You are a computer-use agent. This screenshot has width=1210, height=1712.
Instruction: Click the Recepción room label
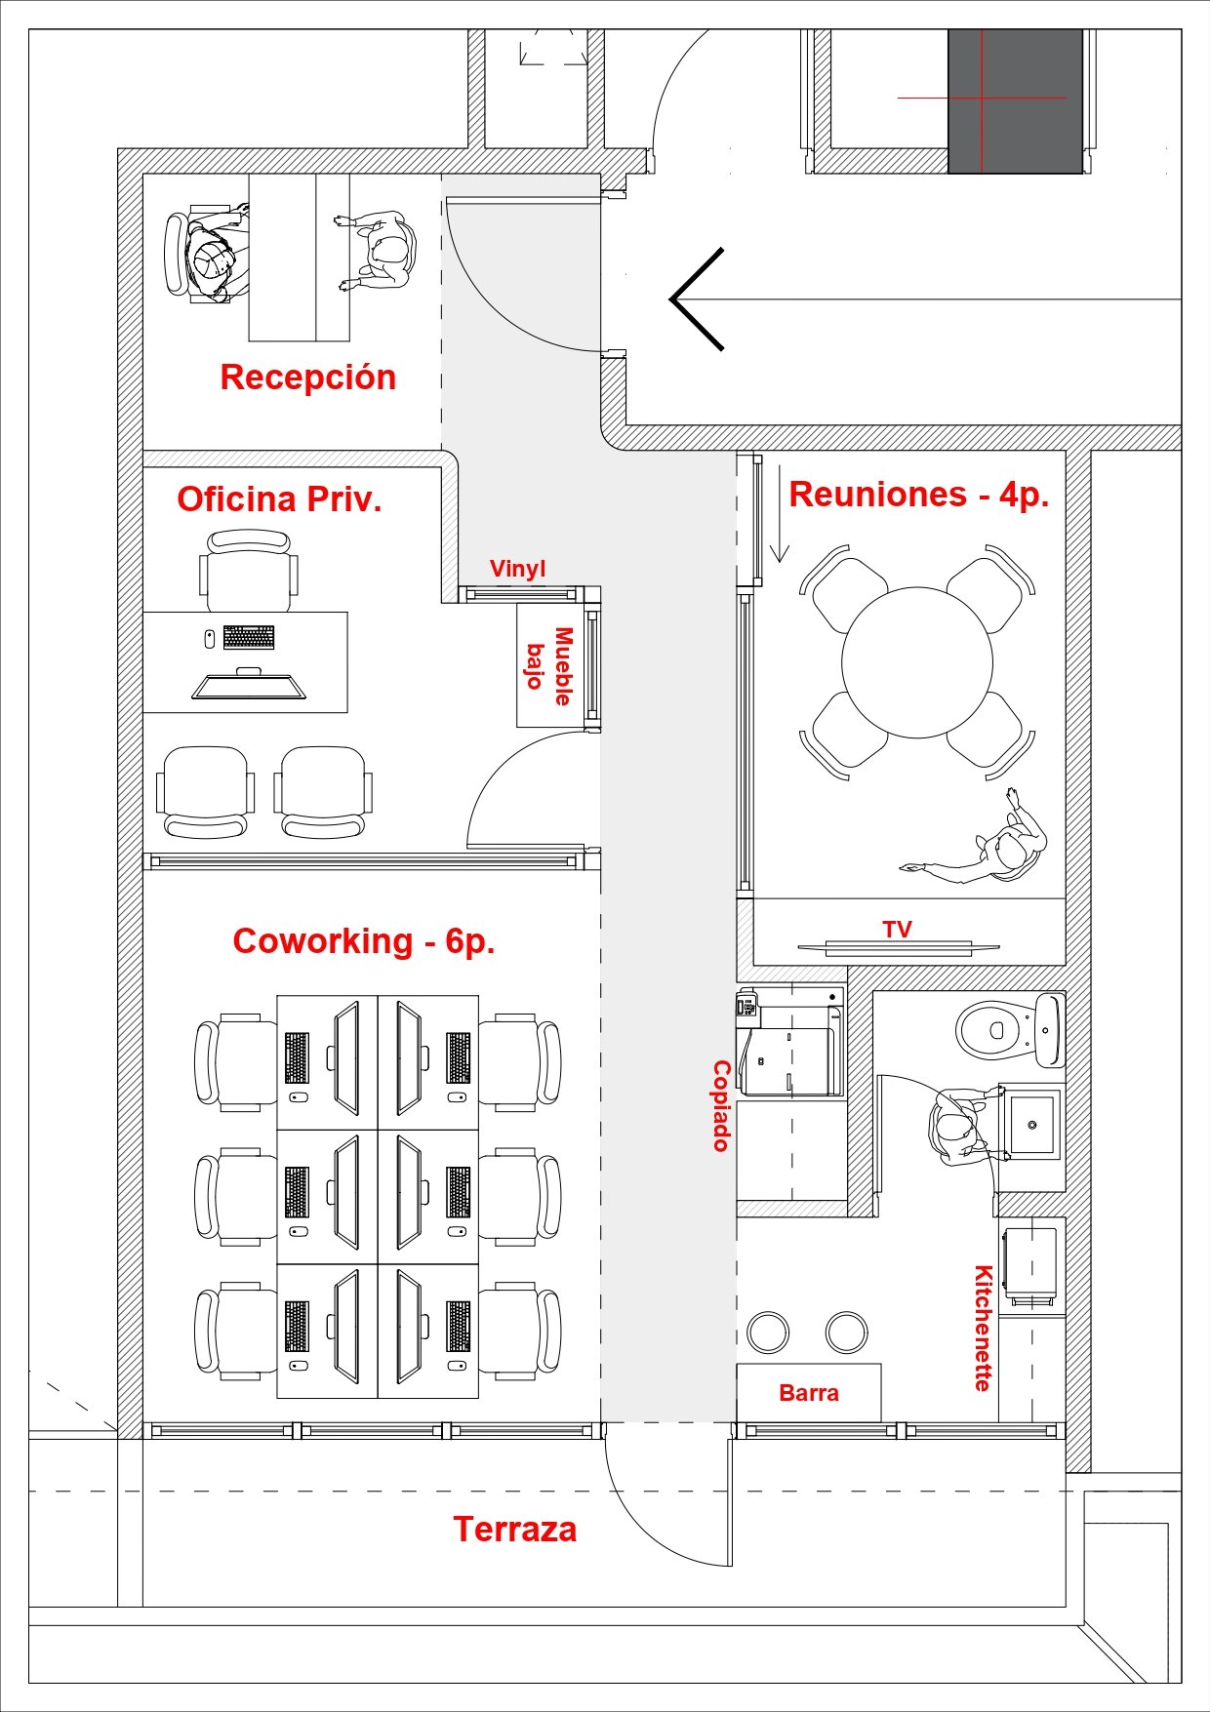(308, 378)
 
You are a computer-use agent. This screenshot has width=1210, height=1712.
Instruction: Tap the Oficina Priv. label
(279, 498)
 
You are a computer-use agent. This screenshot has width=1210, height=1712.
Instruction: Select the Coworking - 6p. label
(364, 940)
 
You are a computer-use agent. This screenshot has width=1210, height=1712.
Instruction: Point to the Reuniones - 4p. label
(919, 494)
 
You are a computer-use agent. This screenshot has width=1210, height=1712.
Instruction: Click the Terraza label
(515, 1529)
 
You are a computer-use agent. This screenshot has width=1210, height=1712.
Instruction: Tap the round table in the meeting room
(917, 662)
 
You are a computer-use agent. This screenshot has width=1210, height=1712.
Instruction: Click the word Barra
(809, 1393)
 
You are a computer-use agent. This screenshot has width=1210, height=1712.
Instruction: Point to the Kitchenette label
(984, 1329)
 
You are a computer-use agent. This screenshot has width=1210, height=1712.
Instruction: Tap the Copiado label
(721, 1106)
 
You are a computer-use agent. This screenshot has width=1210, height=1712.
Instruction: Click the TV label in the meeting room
(898, 929)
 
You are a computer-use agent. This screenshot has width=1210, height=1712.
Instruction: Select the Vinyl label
(517, 569)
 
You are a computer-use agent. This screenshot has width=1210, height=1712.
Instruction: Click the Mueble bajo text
(549, 666)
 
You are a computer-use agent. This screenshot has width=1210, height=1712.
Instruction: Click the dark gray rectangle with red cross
(1015, 101)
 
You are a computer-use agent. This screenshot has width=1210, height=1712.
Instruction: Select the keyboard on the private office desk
(249, 637)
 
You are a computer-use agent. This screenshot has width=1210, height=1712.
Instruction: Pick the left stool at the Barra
(768, 1332)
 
